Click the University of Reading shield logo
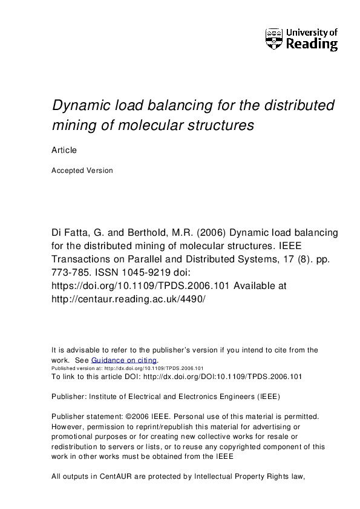tap(274, 39)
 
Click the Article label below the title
tap(64, 150)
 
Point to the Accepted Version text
tap(82, 170)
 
